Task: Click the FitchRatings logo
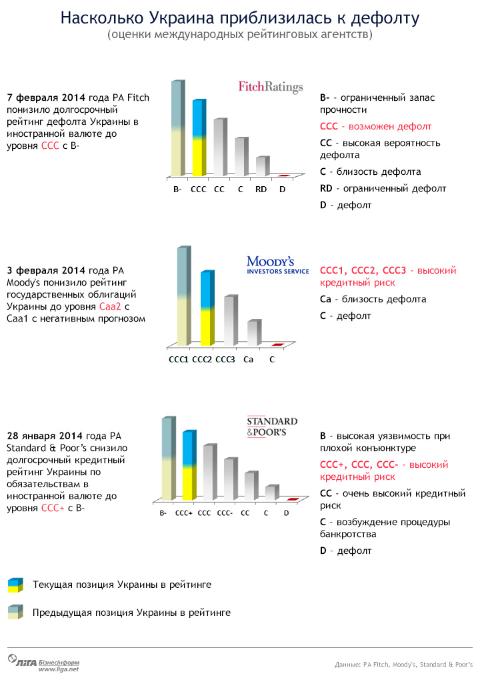[271, 87]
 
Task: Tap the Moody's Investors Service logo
[277, 264]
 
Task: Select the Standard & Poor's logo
[272, 427]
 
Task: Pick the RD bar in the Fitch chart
[261, 167]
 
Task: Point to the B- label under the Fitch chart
[177, 189]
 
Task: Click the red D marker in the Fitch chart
[283, 176]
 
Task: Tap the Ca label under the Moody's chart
[248, 359]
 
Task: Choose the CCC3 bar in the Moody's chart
[228, 321]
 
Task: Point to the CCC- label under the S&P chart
[225, 513]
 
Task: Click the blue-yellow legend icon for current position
[15, 585]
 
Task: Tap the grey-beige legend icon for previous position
[15, 612]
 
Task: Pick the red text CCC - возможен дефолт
[375, 126]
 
